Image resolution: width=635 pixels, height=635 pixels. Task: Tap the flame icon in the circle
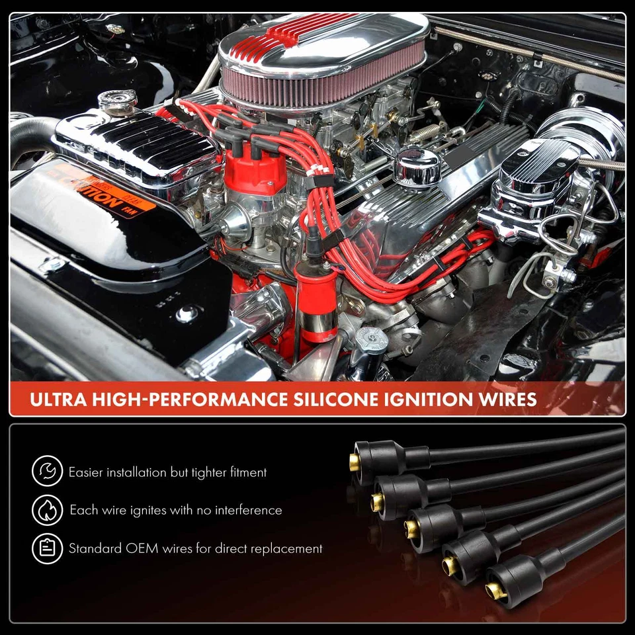47,510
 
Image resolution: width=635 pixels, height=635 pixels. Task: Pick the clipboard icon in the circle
47,548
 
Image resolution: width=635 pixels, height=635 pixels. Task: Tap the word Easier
89,472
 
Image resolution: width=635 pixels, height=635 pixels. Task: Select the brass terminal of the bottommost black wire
493,591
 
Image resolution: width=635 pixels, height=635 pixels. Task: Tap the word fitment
246,472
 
